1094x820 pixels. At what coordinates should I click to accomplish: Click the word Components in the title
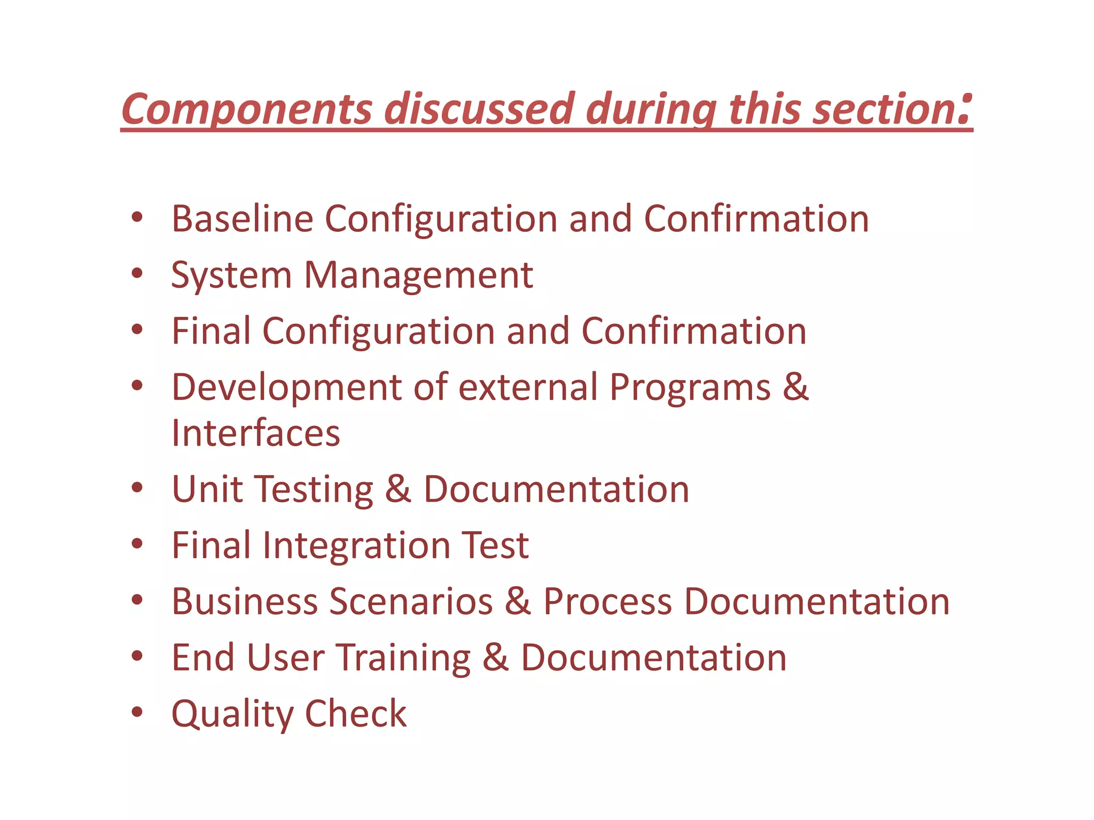tap(246, 109)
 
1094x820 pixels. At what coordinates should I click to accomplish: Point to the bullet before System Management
tap(137, 274)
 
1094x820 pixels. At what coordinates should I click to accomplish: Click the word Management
tap(418, 275)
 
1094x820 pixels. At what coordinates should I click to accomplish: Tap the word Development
tap(286, 388)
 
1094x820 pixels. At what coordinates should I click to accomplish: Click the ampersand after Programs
tap(795, 387)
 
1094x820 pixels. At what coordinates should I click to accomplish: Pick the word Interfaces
tap(255, 433)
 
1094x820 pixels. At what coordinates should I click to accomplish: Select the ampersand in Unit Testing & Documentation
tap(398, 489)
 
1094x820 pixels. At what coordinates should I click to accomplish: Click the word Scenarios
tap(411, 602)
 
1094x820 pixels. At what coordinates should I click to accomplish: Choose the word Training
tap(403, 658)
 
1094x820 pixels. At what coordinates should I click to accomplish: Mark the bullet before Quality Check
tap(137, 712)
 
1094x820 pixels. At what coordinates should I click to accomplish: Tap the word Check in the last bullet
tap(355, 714)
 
